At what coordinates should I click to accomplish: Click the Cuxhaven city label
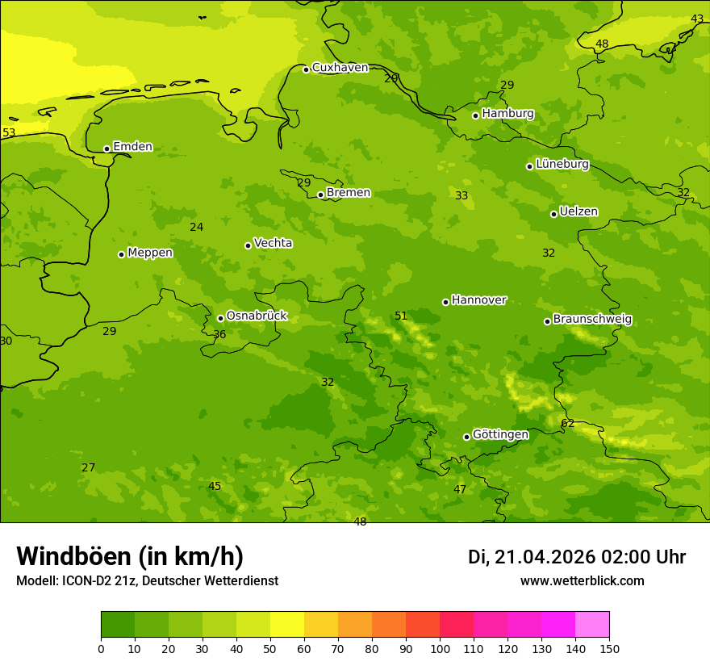(x=340, y=68)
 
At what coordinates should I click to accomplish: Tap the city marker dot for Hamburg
(x=476, y=115)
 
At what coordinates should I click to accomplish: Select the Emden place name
(x=132, y=147)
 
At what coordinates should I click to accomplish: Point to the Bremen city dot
(x=320, y=195)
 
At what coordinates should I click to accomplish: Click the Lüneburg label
(x=562, y=164)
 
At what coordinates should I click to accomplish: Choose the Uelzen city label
(x=578, y=212)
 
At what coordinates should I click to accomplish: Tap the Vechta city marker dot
(x=248, y=245)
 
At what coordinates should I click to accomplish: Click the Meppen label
(x=150, y=253)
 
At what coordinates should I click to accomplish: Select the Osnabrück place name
(x=257, y=316)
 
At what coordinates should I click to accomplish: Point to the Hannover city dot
(x=445, y=302)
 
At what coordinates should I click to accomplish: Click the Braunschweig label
(x=592, y=320)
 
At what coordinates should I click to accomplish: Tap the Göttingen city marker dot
(x=466, y=437)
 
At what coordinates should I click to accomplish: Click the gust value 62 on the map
(x=568, y=424)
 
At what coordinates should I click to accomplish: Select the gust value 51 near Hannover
(x=401, y=316)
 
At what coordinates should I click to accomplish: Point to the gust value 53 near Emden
(x=9, y=133)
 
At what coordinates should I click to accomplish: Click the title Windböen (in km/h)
(x=130, y=556)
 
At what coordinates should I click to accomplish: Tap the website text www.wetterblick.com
(x=582, y=581)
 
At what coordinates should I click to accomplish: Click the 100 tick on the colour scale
(x=440, y=648)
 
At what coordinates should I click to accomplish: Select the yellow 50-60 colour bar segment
(x=287, y=624)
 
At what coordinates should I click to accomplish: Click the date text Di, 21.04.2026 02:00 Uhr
(x=577, y=557)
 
